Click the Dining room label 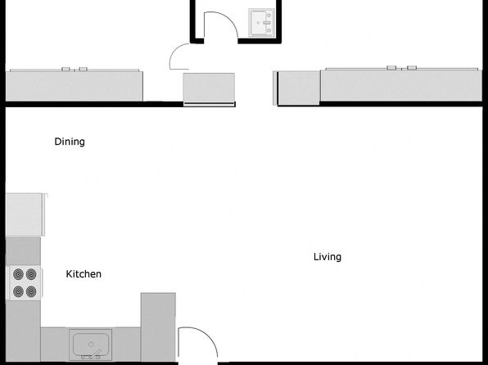tap(70, 142)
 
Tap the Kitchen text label tap(84, 274)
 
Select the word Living tap(328, 257)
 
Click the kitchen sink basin tap(91, 344)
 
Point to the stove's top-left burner tap(18, 274)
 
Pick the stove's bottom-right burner tap(31, 291)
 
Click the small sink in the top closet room tap(261, 22)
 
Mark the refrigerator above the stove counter tap(25, 214)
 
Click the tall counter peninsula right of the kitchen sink tap(158, 327)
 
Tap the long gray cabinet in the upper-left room tap(75, 86)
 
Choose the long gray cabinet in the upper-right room tap(401, 85)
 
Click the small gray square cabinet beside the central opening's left tap(209, 88)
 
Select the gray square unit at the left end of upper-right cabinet tap(299, 88)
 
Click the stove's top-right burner tap(31, 274)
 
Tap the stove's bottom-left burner tap(18, 291)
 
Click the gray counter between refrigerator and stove tap(23, 250)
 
